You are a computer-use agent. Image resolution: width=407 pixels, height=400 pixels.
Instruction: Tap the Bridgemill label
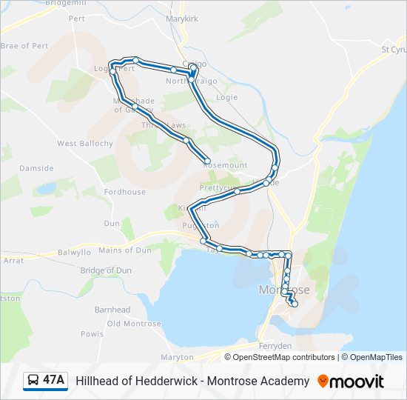[66, 4]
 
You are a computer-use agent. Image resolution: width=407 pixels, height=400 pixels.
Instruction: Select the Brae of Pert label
[24, 46]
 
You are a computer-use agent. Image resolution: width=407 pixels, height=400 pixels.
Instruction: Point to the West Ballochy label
[85, 143]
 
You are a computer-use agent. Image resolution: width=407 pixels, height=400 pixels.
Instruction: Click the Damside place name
[36, 168]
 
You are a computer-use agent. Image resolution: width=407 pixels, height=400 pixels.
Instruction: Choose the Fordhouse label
[124, 192]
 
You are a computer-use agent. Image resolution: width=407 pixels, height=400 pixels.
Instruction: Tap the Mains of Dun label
[124, 250]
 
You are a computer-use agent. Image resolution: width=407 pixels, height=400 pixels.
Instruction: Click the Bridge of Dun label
[106, 270]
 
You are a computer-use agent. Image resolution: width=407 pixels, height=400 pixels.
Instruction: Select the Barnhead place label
[112, 310]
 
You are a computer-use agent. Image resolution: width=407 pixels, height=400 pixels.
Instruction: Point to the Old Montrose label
[134, 324]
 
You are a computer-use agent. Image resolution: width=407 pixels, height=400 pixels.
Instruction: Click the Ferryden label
[275, 346]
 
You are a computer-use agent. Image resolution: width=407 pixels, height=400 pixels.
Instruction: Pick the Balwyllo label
[74, 253]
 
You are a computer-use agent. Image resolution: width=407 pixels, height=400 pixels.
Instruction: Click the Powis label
[92, 333]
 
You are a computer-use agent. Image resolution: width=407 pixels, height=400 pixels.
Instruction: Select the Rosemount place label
[225, 165]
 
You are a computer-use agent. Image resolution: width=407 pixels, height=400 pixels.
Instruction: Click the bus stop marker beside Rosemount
[208, 161]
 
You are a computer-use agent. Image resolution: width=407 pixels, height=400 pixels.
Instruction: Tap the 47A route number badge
[46, 381]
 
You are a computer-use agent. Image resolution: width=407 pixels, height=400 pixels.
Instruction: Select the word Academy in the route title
[283, 381]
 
